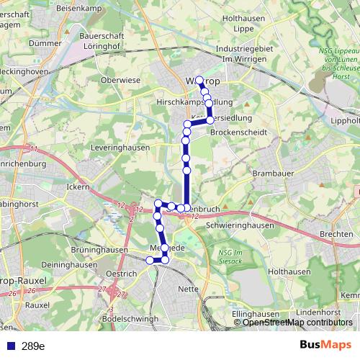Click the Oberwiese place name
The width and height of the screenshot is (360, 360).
(120, 80)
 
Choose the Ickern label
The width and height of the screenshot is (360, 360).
(76, 187)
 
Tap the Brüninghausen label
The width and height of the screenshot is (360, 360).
(95, 249)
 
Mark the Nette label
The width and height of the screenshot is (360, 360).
(187, 289)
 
